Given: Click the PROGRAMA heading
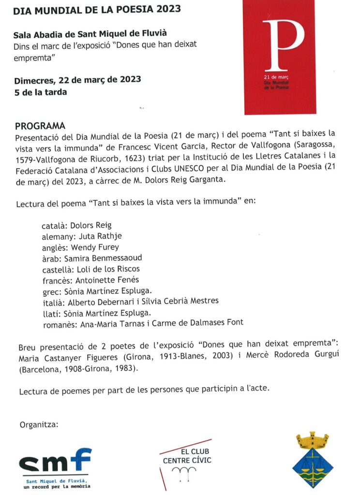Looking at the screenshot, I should pos(40,126).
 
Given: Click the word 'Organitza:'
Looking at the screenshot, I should pos(39,425).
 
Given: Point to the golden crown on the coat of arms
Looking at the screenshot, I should pos(312,440).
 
